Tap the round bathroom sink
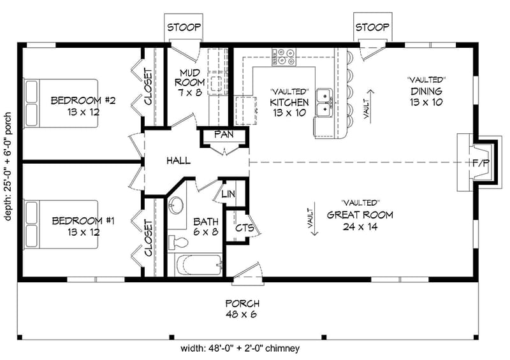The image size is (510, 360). click(x=177, y=205)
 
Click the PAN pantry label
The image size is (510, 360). click(x=222, y=134)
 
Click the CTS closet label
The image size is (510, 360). click(x=244, y=227)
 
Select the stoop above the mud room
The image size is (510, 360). click(x=184, y=27)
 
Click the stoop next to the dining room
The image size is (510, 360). click(x=372, y=27)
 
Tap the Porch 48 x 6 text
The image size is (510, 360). click(x=242, y=309)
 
